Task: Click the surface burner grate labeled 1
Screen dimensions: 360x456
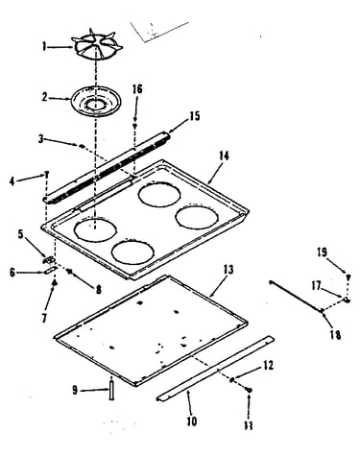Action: pos(97,47)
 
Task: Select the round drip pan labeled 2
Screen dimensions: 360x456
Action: pos(96,103)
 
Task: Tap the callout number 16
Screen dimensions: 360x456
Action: pos(137,89)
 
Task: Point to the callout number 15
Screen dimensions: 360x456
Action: pos(193,115)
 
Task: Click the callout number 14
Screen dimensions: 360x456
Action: pos(224,156)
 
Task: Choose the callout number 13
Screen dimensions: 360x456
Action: pos(228,270)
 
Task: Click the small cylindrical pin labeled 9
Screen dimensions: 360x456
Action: pos(111,389)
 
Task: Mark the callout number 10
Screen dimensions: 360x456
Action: pos(191,421)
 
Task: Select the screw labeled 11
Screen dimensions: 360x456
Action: pos(249,390)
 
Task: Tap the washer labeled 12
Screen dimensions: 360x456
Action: pos(231,379)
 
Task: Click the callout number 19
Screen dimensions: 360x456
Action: pos(323,252)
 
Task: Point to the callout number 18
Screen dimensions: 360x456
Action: pos(336,335)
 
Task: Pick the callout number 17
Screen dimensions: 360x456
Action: pos(316,285)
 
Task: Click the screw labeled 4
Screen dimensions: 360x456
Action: pos(47,175)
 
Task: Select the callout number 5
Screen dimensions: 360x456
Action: pos(20,234)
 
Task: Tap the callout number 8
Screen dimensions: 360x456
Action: pos(98,290)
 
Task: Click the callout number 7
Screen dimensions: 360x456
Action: pos(44,318)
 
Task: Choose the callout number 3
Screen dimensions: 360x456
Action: pos(40,140)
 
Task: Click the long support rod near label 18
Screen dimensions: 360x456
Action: pos(297,296)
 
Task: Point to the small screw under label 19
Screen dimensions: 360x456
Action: pos(348,276)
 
